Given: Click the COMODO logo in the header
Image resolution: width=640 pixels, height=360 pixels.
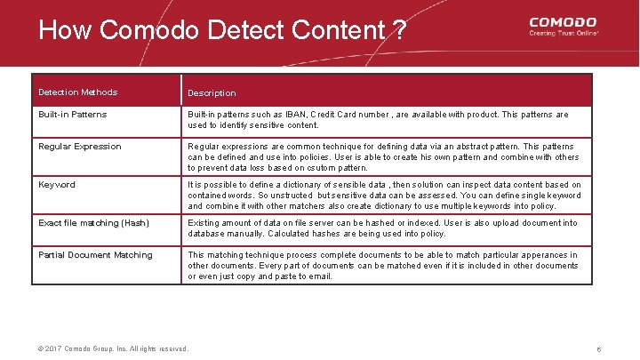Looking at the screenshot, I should (563, 21).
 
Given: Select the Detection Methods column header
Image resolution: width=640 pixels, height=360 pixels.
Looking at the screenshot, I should (78, 92).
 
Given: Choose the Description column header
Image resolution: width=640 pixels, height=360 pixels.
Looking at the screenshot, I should (212, 93).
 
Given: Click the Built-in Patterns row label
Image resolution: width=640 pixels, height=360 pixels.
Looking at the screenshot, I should (73, 115).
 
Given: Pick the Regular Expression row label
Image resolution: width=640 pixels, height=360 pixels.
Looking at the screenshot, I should (80, 147).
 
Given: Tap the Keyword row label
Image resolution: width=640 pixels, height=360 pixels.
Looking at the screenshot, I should (57, 185).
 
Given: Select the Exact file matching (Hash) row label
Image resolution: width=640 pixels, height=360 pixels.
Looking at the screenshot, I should (94, 223).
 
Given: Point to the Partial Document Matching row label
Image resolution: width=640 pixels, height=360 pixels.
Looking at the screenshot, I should (95, 255).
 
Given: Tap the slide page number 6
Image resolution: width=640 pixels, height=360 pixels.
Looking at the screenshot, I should (599, 349).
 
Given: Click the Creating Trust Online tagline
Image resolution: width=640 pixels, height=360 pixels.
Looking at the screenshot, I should (564, 33).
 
